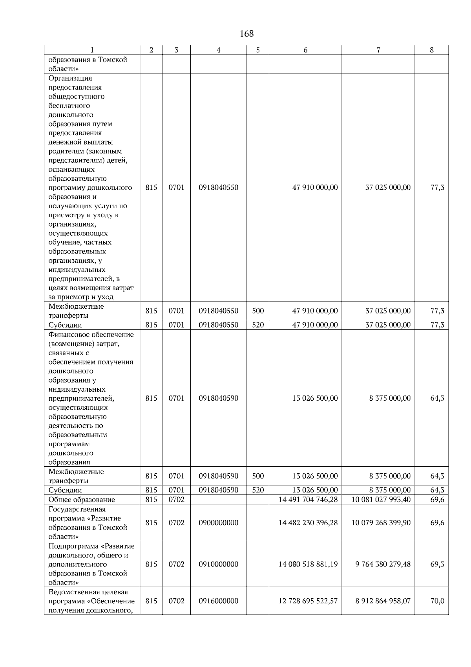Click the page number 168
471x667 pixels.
246,34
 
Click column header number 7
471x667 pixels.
378,50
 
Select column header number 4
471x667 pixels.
218,50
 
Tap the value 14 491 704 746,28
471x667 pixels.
308,500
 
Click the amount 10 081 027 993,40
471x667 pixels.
381,500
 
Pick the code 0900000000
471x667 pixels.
218,523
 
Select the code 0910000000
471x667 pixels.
218,564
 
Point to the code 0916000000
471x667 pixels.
218,601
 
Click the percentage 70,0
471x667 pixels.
437,601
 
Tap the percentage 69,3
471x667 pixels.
437,564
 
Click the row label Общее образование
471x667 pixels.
82,500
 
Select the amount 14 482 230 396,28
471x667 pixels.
308,523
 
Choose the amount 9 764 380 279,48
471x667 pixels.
383,564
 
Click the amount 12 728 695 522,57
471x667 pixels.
308,601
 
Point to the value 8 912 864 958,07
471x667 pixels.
383,601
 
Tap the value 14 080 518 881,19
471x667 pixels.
308,564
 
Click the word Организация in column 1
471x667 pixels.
70,78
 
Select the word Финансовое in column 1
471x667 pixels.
69,335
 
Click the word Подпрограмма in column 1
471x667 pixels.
73,546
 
